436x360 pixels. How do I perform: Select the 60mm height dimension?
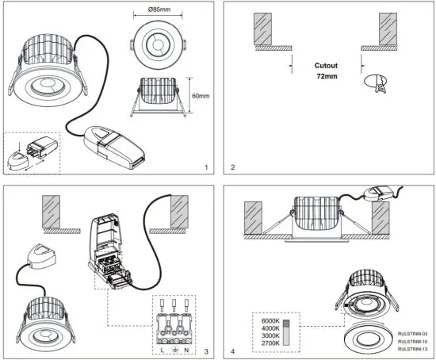[203, 95]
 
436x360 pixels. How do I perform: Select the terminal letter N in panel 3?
[188, 350]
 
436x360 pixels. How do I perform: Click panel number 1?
[205, 168]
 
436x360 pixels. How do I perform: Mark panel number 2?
[231, 168]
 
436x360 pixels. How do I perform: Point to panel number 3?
[205, 350]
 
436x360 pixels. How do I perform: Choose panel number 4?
[231, 350]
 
